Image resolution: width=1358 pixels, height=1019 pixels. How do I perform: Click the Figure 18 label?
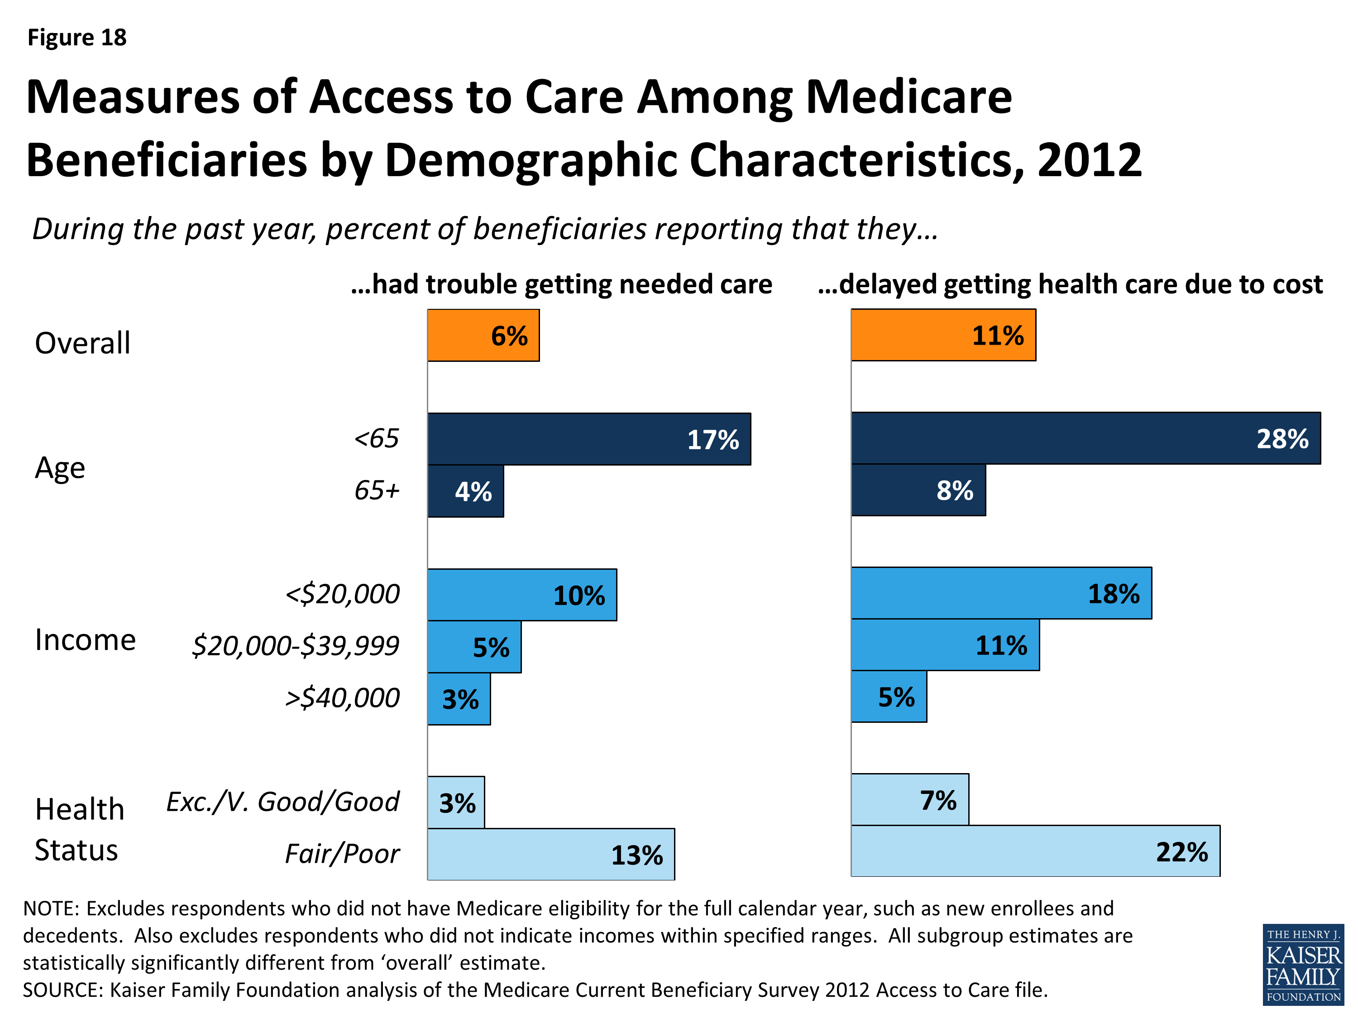(77, 38)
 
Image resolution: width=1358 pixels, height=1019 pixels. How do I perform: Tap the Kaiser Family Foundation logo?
(1303, 964)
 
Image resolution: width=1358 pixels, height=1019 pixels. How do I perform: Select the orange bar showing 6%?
(483, 336)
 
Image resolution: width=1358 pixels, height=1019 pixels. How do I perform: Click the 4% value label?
(473, 492)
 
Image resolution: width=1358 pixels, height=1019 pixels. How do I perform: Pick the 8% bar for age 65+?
(918, 490)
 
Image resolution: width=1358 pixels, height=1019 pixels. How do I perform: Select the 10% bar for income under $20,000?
(522, 595)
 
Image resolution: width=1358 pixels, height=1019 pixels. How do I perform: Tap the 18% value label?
(1113, 594)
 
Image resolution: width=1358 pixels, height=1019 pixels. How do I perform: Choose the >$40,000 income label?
(342, 698)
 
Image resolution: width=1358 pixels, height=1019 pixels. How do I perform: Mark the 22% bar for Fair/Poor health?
(1035, 851)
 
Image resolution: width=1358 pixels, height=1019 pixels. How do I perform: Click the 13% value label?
(636, 856)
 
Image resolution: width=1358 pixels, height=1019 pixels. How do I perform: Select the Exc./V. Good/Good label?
(282, 802)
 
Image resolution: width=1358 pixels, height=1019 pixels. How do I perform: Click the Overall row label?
(82, 343)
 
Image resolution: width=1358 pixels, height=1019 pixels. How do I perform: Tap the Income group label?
(85, 640)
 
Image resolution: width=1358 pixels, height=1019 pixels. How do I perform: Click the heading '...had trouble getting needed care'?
(561, 284)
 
